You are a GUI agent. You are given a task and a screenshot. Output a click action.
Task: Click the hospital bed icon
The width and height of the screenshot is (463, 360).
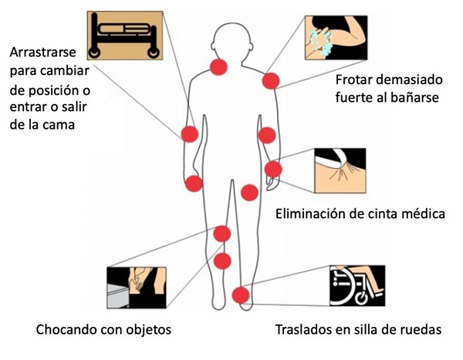tap(125, 35)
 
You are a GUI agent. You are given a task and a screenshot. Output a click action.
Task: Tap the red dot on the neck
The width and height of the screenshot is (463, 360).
tap(218, 67)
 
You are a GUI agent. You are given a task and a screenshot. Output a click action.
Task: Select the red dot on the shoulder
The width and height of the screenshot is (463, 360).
tap(271, 81)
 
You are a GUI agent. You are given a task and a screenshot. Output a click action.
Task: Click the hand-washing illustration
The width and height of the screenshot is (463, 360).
tap(336, 38)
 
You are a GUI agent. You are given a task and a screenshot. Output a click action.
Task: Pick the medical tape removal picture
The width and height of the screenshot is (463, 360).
tap(340, 170)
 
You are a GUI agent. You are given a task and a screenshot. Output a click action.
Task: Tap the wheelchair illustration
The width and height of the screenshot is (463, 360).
tap(357, 285)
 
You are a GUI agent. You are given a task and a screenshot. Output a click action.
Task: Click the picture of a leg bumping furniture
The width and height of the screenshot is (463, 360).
tap(137, 288)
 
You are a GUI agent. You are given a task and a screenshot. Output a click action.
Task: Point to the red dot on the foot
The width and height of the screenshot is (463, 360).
tap(241, 295)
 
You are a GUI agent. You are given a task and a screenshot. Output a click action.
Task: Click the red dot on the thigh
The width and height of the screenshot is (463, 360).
tap(249, 193)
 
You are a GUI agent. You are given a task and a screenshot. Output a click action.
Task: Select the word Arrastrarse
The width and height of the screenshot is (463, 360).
tap(42, 52)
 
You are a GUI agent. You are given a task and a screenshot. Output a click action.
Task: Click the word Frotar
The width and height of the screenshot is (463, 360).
tap(352, 79)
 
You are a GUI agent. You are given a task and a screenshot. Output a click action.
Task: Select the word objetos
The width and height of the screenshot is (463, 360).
tap(148, 330)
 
